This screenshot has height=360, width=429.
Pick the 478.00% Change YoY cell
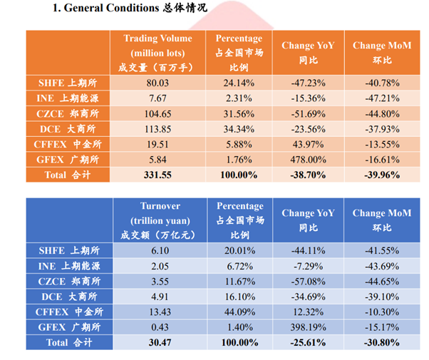308,159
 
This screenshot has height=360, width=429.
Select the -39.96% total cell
378,174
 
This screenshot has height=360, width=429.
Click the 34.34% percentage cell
239,129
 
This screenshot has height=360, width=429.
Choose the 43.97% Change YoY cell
308,144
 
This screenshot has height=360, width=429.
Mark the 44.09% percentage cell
239,312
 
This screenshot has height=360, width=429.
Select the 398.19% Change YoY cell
308,327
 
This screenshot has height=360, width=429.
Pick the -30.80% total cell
378,342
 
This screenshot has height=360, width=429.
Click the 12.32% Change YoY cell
308,312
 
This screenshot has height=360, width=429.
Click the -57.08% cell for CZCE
308,281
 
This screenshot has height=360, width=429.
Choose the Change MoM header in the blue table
378,220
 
